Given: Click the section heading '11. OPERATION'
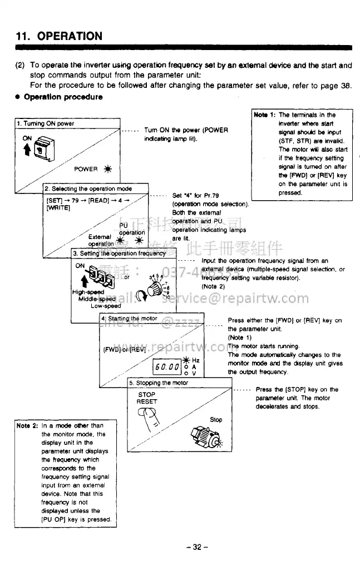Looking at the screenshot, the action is click(58, 36).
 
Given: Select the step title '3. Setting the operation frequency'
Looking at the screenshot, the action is click(119, 253).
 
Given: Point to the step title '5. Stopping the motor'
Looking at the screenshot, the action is click(159, 383).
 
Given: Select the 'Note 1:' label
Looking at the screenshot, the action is click(265, 115).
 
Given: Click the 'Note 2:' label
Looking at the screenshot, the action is click(27, 426).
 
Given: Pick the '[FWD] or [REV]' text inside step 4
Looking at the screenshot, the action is click(125, 350).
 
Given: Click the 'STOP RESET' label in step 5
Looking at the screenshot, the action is click(147, 398).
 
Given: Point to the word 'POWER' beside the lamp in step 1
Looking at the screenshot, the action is click(86, 169).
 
